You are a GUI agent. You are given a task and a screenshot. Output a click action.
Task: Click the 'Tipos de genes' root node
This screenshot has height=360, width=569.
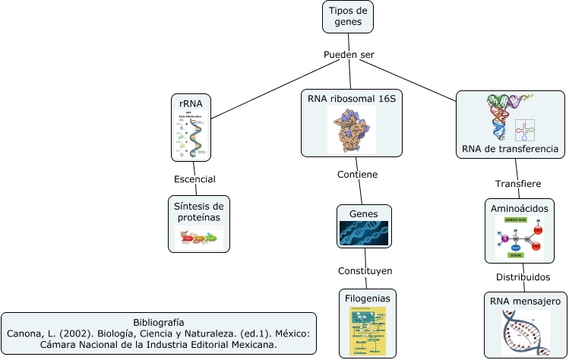[348, 16]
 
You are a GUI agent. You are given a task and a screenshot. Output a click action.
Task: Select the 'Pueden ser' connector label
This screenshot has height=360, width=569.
[349, 55]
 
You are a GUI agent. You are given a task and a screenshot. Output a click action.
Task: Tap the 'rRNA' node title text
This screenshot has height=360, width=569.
[191, 103]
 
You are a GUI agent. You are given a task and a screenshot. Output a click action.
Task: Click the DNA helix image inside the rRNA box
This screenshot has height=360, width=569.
[191, 134]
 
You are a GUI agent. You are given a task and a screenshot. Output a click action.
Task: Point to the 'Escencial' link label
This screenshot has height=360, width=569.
[194, 179]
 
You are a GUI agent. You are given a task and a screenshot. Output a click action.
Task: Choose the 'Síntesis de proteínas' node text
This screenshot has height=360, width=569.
[198, 211]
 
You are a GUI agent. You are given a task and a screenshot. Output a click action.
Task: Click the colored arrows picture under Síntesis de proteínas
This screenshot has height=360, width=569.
[199, 238]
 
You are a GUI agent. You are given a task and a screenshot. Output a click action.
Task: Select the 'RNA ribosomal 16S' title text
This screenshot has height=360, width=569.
[352, 99]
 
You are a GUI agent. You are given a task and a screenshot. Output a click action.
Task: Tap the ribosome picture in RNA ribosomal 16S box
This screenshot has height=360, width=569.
[352, 130]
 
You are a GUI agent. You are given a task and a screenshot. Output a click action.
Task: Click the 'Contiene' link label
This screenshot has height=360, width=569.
[357, 174]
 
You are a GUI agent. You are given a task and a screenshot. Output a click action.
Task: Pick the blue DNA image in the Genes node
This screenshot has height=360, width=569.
[363, 233]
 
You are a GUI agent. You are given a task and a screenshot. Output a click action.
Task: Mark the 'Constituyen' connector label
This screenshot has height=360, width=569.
[365, 271]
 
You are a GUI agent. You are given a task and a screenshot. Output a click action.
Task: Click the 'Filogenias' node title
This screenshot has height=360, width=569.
[368, 298]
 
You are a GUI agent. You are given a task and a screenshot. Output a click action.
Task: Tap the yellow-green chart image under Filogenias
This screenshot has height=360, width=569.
[368, 331]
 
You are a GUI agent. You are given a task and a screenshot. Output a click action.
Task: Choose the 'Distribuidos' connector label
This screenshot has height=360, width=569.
[523, 276]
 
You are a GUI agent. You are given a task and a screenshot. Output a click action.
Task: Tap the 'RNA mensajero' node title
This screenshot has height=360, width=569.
[526, 301]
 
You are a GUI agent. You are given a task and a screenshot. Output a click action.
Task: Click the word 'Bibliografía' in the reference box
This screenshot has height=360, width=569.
[159, 322]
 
